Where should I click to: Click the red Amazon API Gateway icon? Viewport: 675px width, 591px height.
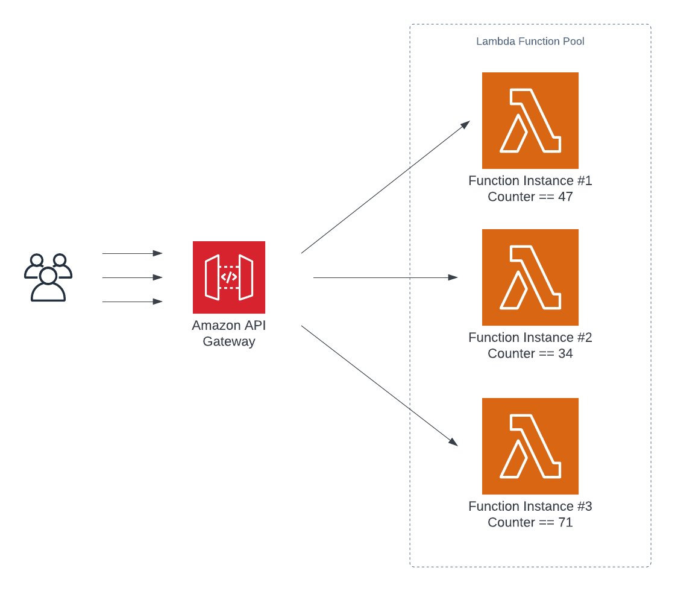[x=229, y=277]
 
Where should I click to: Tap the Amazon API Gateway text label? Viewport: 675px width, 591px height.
[x=229, y=333]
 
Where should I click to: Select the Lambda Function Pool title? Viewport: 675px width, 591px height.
[x=530, y=42]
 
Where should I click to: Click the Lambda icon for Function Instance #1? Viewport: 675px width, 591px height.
[x=530, y=121]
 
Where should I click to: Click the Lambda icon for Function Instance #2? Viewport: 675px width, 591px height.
[x=530, y=277]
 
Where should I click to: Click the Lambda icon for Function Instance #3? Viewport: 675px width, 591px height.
[x=530, y=446]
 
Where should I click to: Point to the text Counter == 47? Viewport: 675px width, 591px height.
[x=530, y=197]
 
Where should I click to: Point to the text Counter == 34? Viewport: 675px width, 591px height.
[x=530, y=354]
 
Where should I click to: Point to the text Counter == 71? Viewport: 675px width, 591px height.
[x=530, y=523]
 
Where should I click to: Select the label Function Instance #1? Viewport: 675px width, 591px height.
[x=530, y=181]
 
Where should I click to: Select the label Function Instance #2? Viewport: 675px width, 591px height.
[x=530, y=338]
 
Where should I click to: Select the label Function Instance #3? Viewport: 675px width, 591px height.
[x=530, y=507]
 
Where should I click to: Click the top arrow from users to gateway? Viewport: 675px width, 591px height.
[x=133, y=254]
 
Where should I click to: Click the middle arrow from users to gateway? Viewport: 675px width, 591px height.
[x=133, y=277]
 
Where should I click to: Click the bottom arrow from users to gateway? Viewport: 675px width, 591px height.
[x=133, y=302]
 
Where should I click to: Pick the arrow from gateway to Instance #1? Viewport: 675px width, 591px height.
[x=386, y=187]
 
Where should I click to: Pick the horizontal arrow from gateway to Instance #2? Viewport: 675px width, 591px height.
[x=386, y=278]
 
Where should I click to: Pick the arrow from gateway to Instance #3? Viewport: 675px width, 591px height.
[x=380, y=386]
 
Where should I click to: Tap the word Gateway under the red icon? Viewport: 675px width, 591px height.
[x=229, y=342]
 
